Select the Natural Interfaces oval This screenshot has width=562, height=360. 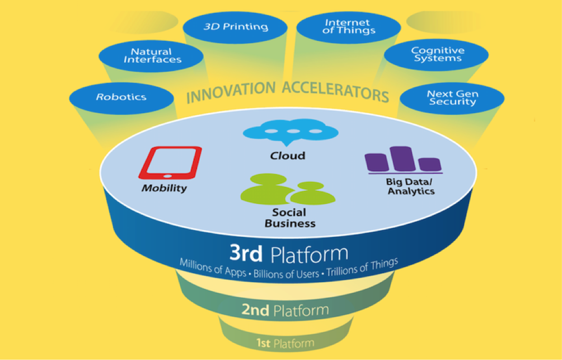click(x=150, y=56)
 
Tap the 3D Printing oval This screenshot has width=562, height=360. click(x=236, y=26)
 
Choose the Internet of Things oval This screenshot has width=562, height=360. click(x=348, y=26)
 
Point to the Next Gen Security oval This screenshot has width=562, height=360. click(x=452, y=98)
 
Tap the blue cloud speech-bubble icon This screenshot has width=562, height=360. click(x=291, y=133)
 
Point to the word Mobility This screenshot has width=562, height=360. click(x=164, y=188)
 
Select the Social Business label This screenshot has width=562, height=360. click(x=289, y=218)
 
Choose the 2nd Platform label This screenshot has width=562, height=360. click(x=284, y=310)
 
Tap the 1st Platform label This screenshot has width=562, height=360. click(x=285, y=343)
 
